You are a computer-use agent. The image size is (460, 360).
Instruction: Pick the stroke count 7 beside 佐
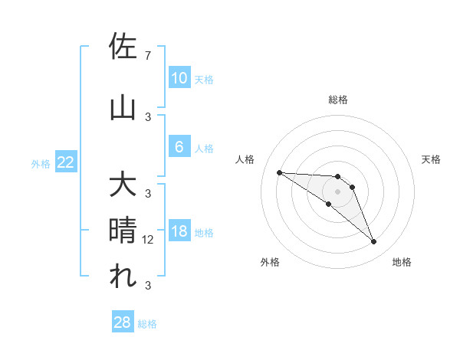coord(147,56)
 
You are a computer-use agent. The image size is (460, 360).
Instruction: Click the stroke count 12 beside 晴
coord(149,239)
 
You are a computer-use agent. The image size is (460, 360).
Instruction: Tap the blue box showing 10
coord(179,78)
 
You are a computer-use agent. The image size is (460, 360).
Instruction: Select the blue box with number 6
coord(179,147)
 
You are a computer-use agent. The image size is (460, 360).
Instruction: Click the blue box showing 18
coord(179,232)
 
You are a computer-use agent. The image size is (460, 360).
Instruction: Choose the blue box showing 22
coord(66,162)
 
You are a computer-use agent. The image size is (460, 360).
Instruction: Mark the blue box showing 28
coord(123,322)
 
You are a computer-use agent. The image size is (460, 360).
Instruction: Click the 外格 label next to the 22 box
coord(41,163)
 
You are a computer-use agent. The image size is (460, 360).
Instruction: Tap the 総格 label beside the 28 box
coord(147,324)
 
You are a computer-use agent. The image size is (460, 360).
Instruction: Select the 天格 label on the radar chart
coord(432,159)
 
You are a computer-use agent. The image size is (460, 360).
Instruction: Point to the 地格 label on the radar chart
coord(402,262)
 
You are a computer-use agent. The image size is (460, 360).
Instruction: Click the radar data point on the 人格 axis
coord(279,172)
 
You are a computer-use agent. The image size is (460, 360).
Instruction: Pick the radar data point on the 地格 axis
coord(373,242)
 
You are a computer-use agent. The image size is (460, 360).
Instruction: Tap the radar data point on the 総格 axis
coord(337,177)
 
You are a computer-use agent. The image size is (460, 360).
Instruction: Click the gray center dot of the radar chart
coord(337,191)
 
